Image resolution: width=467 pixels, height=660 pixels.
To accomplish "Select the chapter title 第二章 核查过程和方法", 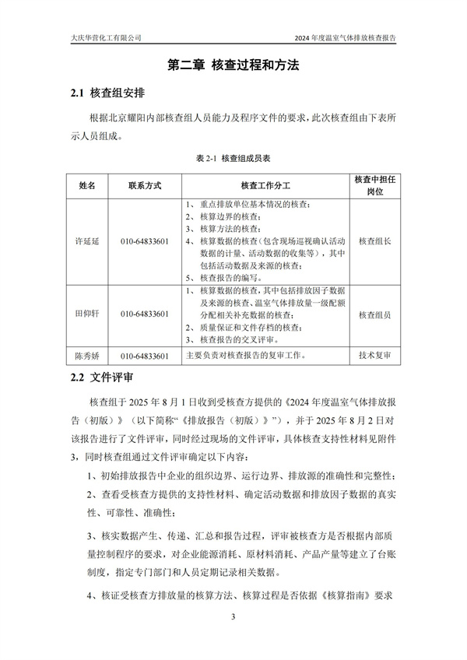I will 233,66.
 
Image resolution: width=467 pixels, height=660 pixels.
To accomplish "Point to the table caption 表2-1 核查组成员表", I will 233,157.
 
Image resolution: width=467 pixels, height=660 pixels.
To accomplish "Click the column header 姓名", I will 88,186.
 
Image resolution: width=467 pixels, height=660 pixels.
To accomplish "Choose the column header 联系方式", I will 145,186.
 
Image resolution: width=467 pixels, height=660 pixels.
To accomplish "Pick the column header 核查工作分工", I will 265,186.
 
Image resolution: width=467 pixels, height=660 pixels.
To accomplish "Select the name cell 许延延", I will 88,241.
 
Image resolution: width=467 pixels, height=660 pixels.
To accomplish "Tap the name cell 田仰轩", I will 88,315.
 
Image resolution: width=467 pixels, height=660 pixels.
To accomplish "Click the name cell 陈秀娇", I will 88,356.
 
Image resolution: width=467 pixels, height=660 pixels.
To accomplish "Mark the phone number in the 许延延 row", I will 145,241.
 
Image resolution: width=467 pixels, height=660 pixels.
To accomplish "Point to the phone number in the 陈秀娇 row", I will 145,356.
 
